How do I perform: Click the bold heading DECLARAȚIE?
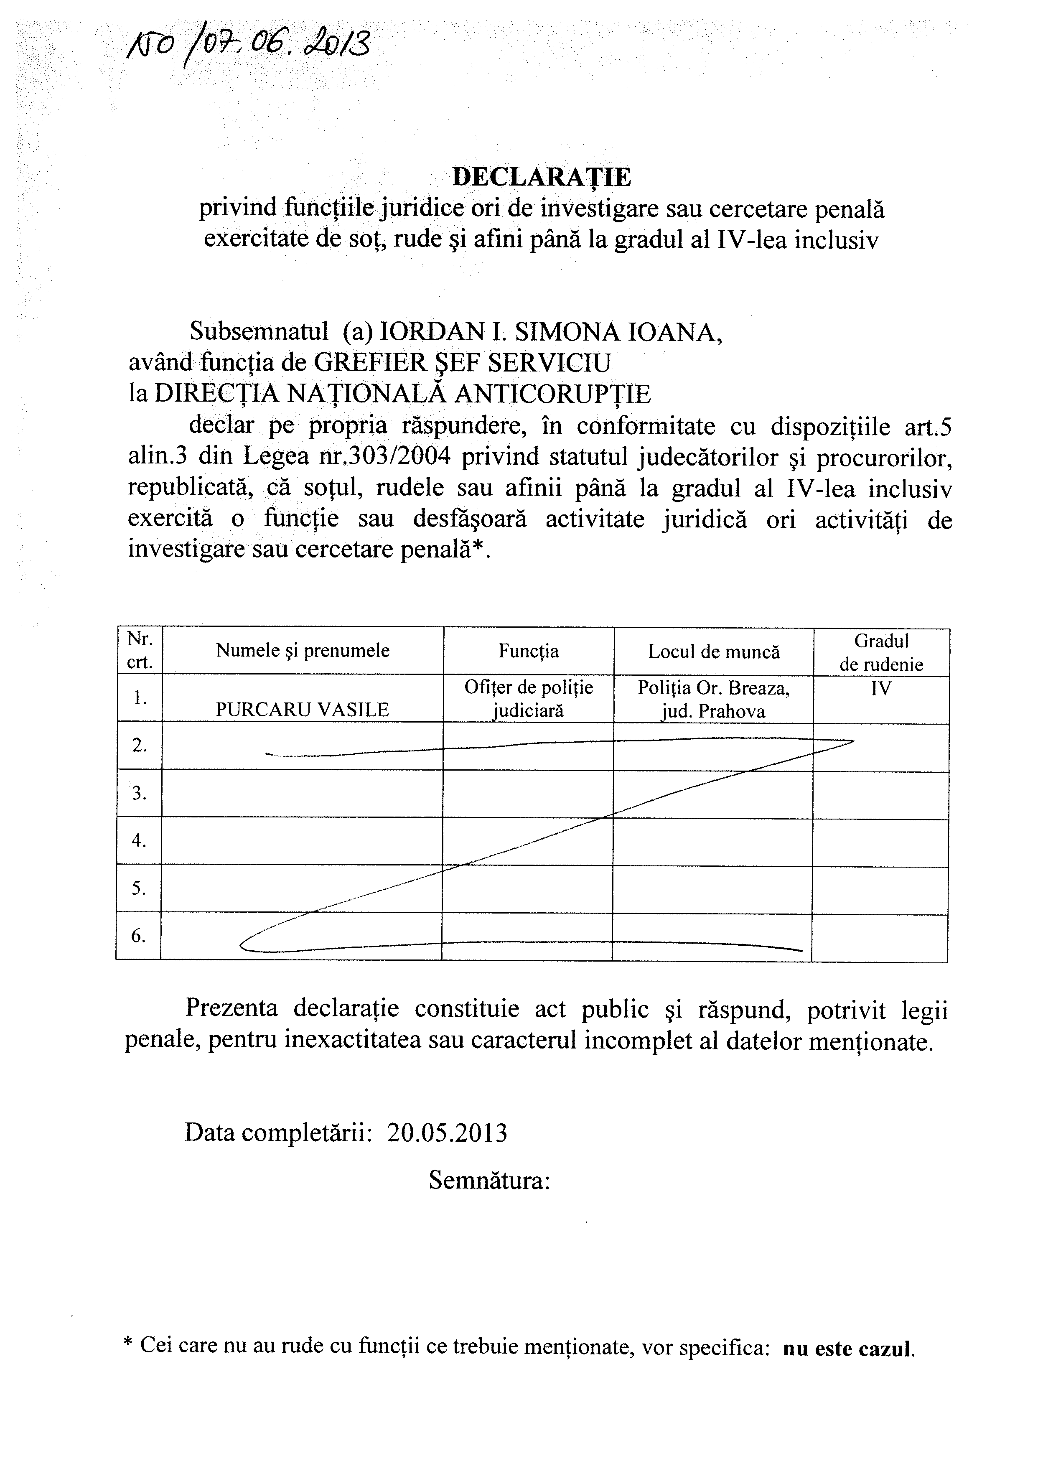(542, 177)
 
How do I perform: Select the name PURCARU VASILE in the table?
(302, 709)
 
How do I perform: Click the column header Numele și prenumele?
(303, 651)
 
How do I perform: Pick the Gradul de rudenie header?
(881, 652)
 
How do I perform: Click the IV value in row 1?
(881, 689)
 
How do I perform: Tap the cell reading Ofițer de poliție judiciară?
(529, 699)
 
